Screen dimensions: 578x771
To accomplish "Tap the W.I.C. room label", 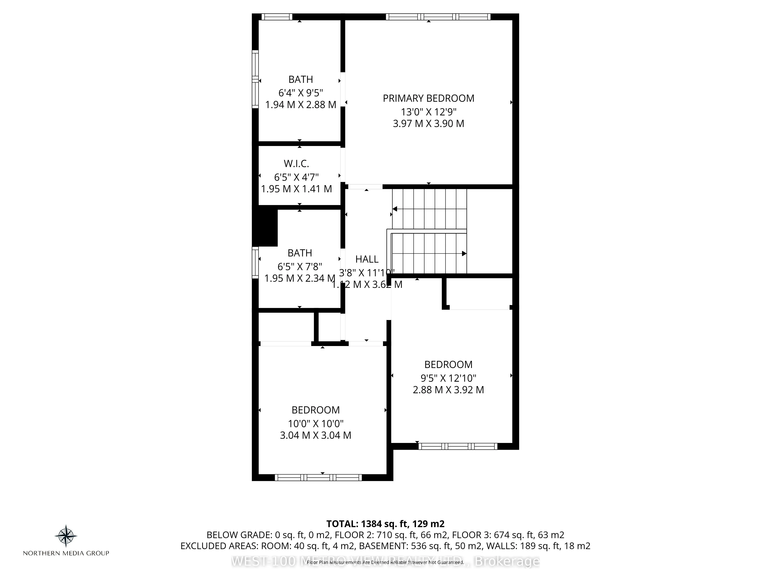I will (x=296, y=163).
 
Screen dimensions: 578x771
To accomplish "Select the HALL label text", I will (x=367, y=259).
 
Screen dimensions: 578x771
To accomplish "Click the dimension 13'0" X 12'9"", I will (x=428, y=112).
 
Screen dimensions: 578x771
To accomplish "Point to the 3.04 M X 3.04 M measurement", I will (x=316, y=435).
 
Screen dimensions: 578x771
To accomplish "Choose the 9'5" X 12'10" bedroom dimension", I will (x=448, y=378).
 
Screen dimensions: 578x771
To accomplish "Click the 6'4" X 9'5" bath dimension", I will (x=300, y=93).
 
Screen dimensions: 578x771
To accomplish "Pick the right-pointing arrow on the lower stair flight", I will (x=464, y=254).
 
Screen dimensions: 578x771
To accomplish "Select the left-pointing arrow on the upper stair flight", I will (x=395, y=209).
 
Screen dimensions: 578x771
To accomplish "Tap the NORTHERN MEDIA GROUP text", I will (x=66, y=553).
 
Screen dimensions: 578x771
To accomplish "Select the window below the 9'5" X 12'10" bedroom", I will (x=458, y=446).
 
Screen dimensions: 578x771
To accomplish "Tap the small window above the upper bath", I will (x=277, y=17).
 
